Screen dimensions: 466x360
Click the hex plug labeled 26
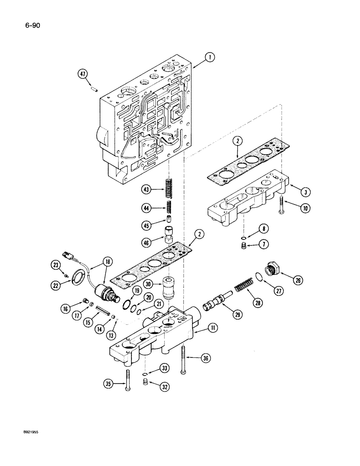click(271, 270)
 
